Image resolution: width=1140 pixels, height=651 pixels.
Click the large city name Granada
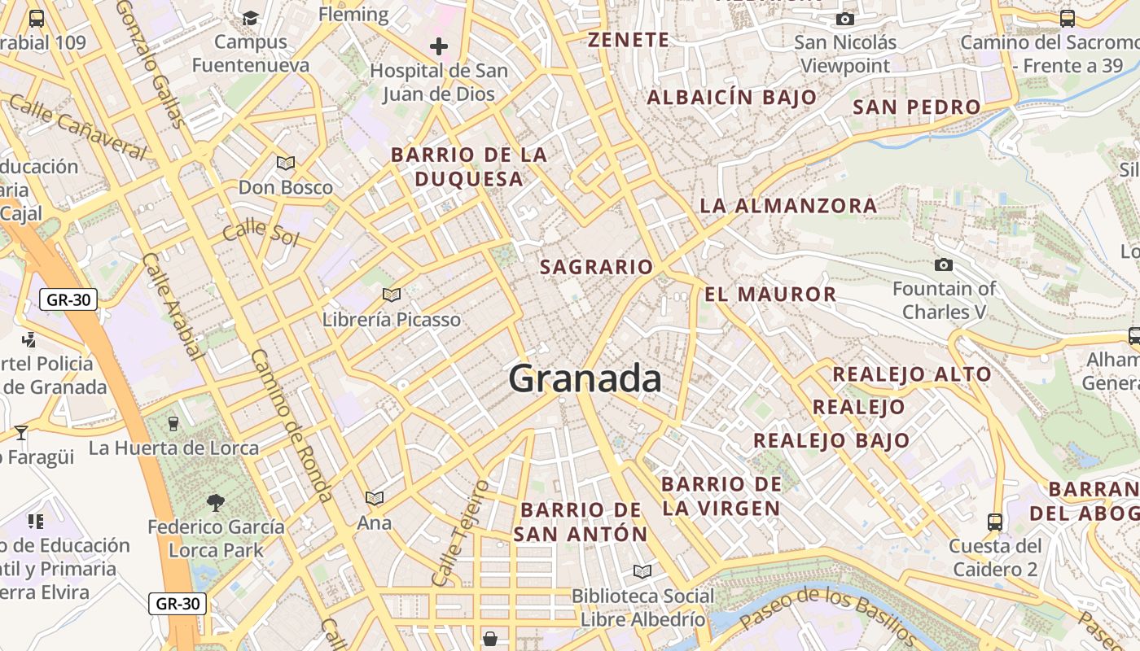click(x=585, y=379)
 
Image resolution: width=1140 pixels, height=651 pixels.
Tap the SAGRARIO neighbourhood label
click(x=597, y=267)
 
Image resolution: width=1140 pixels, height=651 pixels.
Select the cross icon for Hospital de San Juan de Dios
click(x=439, y=46)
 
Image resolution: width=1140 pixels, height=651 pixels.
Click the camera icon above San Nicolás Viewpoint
click(x=845, y=19)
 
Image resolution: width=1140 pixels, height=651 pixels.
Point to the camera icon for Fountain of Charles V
click(x=944, y=264)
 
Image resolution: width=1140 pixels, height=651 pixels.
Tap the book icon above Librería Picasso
click(x=392, y=295)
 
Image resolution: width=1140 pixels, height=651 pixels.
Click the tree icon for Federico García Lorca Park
click(x=216, y=503)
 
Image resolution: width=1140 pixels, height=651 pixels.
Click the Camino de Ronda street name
click(x=291, y=426)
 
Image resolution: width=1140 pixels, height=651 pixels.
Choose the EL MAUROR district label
click(x=770, y=295)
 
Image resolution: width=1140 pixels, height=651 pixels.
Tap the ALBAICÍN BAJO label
click(x=731, y=98)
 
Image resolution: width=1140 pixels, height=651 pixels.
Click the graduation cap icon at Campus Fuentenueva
click(x=251, y=18)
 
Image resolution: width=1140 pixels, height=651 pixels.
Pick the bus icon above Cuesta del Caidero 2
click(x=994, y=522)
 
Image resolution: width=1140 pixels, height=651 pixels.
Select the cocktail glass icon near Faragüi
click(x=21, y=432)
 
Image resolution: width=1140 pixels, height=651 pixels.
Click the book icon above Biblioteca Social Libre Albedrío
click(x=642, y=571)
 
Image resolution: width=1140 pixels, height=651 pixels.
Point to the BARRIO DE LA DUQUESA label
click(x=469, y=167)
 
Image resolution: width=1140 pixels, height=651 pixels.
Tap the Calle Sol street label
click(x=261, y=233)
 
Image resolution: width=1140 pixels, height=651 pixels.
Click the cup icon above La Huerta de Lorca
click(x=173, y=423)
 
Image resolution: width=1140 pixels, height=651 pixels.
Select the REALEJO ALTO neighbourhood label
click(x=911, y=374)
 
